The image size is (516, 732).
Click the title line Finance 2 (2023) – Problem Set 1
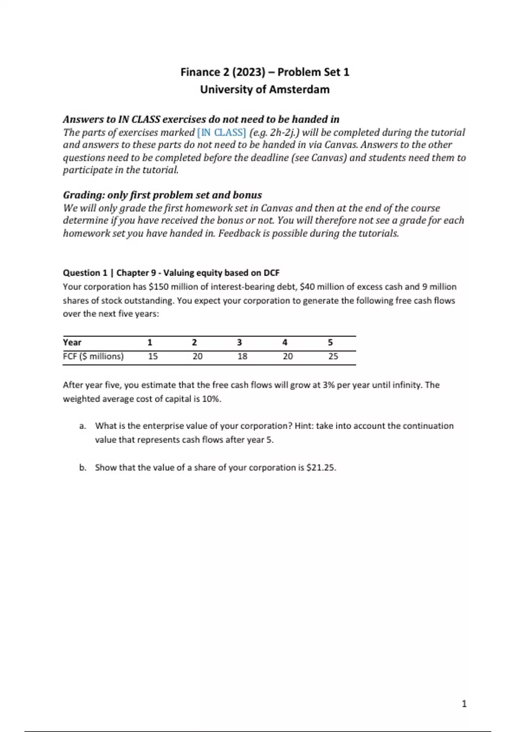[x=264, y=72]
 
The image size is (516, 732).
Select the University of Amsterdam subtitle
[x=264, y=90]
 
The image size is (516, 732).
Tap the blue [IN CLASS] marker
[x=221, y=132]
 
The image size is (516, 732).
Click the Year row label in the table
[x=72, y=342]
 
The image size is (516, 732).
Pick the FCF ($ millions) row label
[x=93, y=356]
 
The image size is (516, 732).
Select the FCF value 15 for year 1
[x=153, y=356]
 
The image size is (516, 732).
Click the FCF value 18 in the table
[x=243, y=356]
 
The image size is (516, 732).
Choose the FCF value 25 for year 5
[x=333, y=356]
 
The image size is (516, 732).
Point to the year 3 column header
[x=240, y=342]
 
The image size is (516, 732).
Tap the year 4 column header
[x=285, y=342]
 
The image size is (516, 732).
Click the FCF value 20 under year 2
[x=197, y=356]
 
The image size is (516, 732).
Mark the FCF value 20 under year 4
[x=288, y=356]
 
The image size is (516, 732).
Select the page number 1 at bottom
[x=464, y=704]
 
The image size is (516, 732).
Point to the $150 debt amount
[x=158, y=287]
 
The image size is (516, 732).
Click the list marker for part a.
[x=83, y=426]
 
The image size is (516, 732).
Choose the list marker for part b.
[x=83, y=468]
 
